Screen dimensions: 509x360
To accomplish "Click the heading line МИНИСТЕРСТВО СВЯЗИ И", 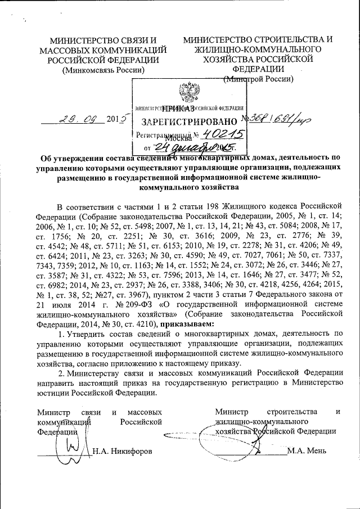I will click(x=103, y=40).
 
